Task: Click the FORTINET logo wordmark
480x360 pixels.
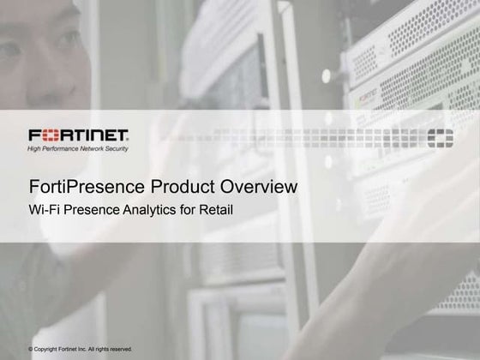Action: pyautogui.click(x=78, y=135)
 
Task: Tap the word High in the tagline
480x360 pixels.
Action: pyautogui.click(x=35, y=148)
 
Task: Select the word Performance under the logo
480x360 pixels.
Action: pyautogui.click(x=63, y=148)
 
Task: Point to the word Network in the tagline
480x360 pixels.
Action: pyautogui.click(x=97, y=148)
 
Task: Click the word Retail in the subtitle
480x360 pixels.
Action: pyautogui.click(x=216, y=208)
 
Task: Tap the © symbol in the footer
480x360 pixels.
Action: pyautogui.click(x=31, y=349)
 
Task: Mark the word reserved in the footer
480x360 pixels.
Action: pyautogui.click(x=121, y=349)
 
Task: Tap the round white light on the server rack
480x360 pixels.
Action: pyautogui.click(x=327, y=75)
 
